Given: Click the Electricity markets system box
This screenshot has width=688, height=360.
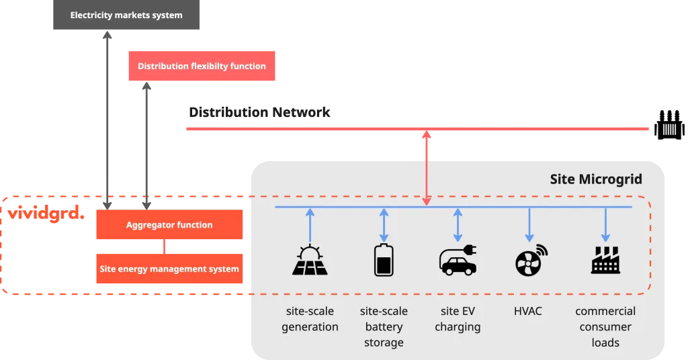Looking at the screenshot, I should point(126,15).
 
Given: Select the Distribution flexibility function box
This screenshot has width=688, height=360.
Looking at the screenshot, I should point(202,66).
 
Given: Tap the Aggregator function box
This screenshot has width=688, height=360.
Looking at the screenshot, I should point(169,225).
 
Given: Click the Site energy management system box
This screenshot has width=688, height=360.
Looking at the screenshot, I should point(169,269).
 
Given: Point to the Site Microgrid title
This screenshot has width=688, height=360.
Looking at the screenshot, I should point(595,179).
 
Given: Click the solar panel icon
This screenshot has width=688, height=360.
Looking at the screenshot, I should point(310,261).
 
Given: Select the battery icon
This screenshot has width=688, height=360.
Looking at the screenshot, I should point(384,260).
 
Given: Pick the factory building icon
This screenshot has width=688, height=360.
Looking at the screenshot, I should point(605,261).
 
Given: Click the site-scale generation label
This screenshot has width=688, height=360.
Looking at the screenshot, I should point(310,319).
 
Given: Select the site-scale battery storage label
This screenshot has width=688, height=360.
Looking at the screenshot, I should point(384,326).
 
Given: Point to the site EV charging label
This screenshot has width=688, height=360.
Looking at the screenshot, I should point(458,319).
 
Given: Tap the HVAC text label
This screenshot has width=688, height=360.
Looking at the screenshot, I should point(527,311).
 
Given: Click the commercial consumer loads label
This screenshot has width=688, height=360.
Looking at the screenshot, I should point(605,326).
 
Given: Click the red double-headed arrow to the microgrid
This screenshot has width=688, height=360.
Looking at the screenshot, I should point(426,168).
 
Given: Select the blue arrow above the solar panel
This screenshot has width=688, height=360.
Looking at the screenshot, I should point(310,225).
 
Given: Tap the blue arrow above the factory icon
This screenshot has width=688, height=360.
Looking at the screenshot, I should point(605,225).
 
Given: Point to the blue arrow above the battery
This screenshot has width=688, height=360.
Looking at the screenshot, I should point(384,225).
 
